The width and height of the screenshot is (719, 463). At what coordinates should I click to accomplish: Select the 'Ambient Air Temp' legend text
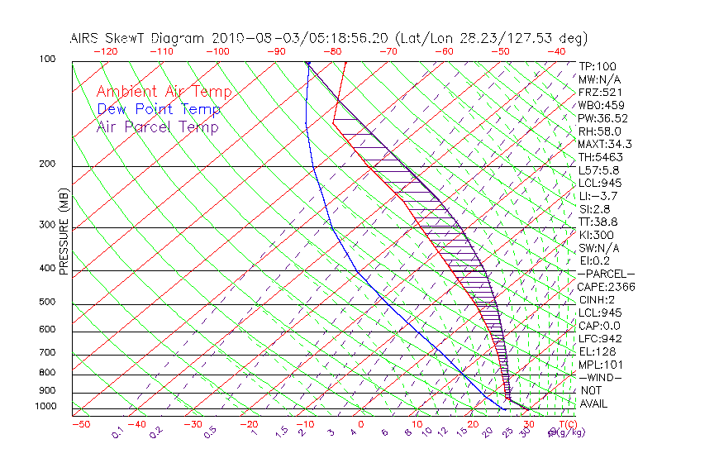click(164, 92)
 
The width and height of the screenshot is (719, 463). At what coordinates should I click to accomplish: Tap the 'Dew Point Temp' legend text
click(159, 109)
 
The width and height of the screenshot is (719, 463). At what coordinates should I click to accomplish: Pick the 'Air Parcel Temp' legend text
click(157, 126)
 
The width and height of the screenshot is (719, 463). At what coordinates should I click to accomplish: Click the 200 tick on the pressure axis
click(47, 164)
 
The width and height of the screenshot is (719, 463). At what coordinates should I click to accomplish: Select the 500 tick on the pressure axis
click(47, 302)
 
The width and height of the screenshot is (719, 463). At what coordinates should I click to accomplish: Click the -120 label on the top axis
click(105, 51)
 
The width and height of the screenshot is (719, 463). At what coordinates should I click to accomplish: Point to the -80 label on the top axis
click(333, 51)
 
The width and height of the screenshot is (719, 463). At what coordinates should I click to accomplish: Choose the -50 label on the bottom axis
click(80, 424)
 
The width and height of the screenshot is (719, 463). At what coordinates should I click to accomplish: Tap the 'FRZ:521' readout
click(598, 93)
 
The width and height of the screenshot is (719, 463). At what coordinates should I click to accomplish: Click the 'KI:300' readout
click(596, 235)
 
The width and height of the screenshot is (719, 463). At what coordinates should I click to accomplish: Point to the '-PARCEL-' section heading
click(606, 274)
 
